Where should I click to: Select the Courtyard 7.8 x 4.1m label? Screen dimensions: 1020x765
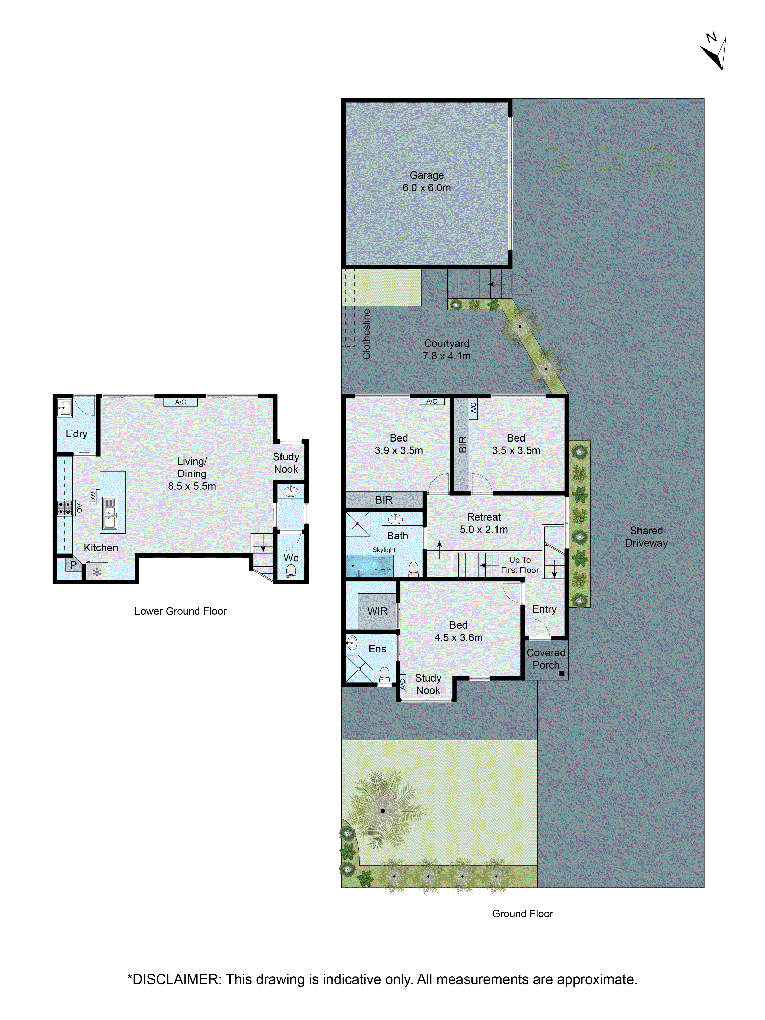pos(446,349)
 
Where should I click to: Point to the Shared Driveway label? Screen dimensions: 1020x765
pos(646,536)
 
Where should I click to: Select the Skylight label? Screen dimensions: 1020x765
pos(384,550)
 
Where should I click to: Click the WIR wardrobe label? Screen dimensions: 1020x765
pos(377,611)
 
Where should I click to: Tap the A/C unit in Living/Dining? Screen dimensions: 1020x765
pos(180,402)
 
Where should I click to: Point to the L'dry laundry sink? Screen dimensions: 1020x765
pos(64,408)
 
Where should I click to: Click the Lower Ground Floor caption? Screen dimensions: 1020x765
pos(180,611)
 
